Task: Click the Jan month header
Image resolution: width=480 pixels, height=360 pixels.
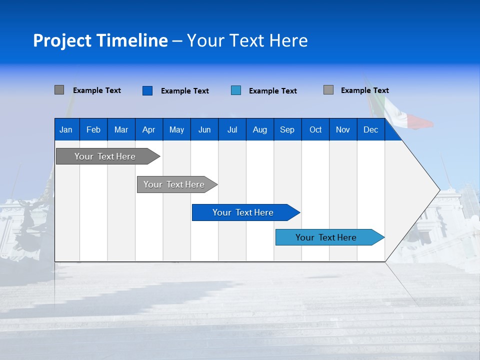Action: pyautogui.click(x=66, y=129)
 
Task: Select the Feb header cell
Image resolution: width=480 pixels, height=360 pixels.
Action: pyautogui.click(x=93, y=129)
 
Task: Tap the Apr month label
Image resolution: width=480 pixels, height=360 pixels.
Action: pyautogui.click(x=148, y=129)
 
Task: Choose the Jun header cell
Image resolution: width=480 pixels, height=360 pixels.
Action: pyautogui.click(x=204, y=129)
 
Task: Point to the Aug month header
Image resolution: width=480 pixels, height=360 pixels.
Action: pyautogui.click(x=259, y=129)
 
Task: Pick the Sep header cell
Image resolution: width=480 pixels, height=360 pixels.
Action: pyautogui.click(x=287, y=129)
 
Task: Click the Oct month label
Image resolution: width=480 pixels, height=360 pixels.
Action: pyautogui.click(x=315, y=129)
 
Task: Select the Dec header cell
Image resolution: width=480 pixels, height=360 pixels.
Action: pyautogui.click(x=370, y=129)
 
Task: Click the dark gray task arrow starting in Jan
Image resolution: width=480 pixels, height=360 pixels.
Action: pyautogui.click(x=105, y=156)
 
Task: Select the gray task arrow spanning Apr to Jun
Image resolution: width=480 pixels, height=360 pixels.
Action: pyautogui.click(x=174, y=184)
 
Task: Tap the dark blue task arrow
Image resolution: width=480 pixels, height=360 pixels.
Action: pyautogui.click(x=243, y=212)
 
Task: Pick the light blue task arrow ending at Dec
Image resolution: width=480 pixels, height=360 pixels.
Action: pyautogui.click(x=326, y=237)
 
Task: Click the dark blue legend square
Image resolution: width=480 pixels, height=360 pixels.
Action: pyautogui.click(x=147, y=90)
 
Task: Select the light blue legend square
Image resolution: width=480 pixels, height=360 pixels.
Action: pyautogui.click(x=236, y=90)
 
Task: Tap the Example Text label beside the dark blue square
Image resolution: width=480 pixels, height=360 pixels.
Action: pyautogui.click(x=184, y=91)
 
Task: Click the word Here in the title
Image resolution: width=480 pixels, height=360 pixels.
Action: pyautogui.click(x=288, y=40)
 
